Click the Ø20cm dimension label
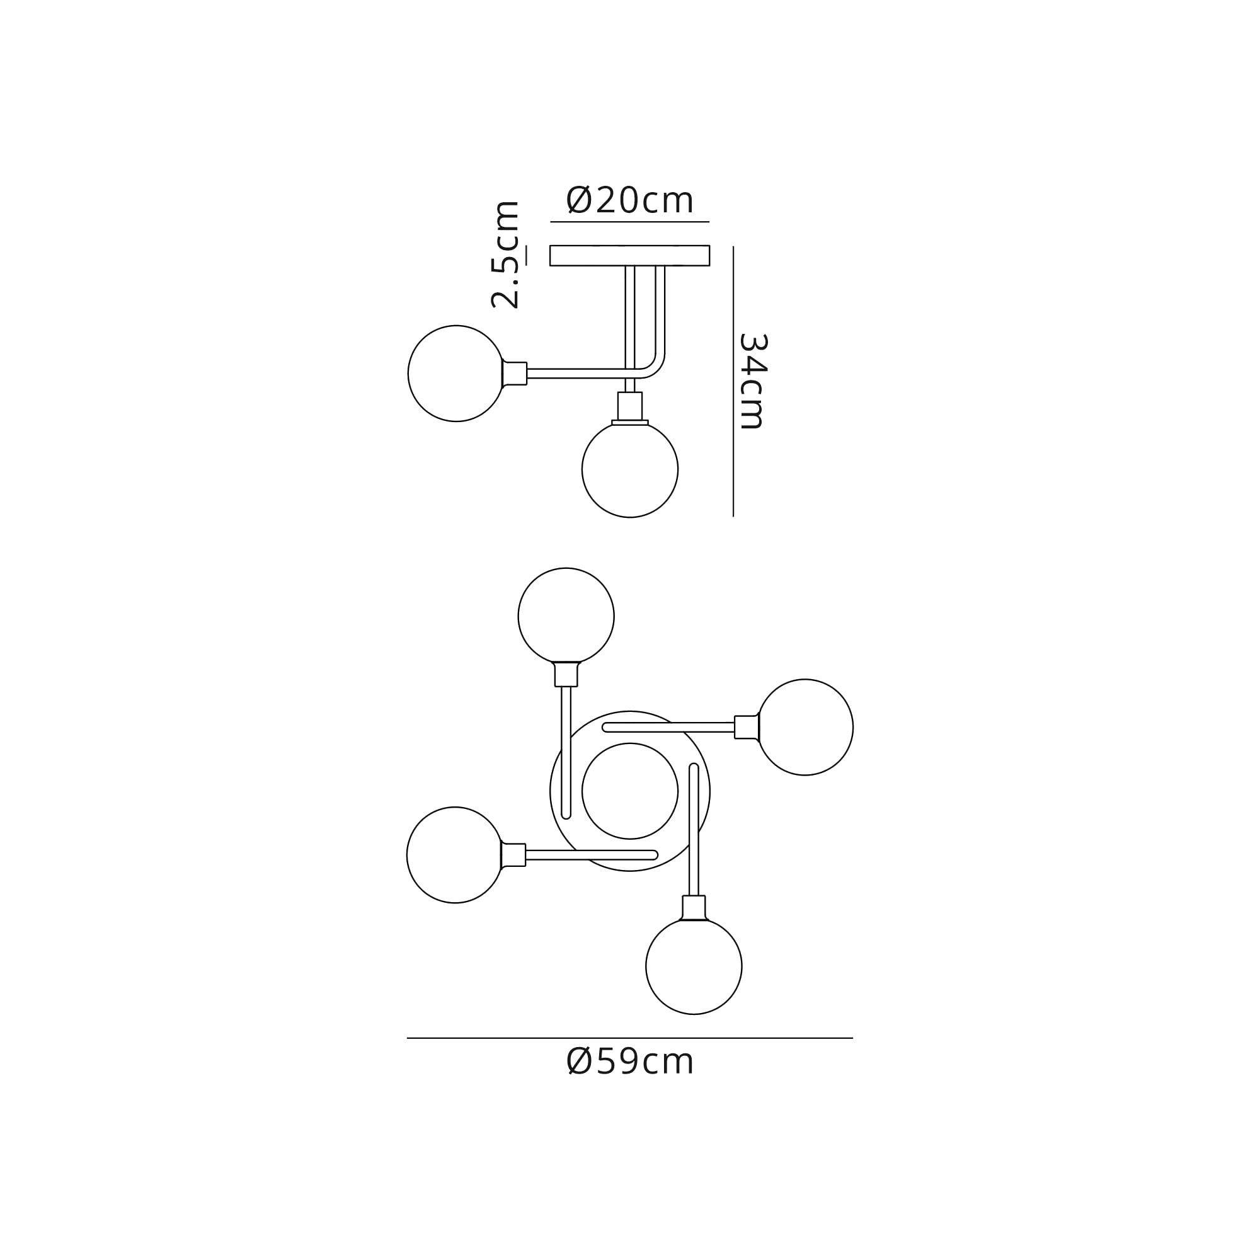[629, 200]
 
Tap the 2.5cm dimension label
[505, 255]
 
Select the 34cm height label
[753, 381]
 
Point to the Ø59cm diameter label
[630, 1062]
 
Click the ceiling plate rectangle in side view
[629, 256]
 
